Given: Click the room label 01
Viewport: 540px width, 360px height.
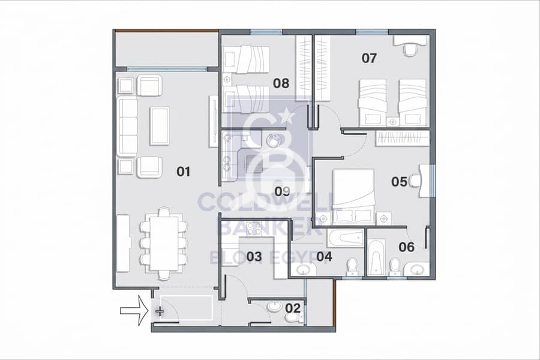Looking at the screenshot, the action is tap(183, 171).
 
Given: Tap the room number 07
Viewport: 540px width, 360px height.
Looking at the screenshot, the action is tap(369, 58).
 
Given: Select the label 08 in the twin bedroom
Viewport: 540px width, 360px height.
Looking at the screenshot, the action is tap(281, 83).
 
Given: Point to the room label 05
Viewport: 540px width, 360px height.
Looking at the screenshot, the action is tap(399, 182).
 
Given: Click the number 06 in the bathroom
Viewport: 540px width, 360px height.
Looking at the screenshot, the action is tap(406, 247).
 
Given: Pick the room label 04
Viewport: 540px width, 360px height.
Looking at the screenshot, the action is tap(324, 257).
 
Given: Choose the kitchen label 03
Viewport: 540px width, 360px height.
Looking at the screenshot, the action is tap(254, 257).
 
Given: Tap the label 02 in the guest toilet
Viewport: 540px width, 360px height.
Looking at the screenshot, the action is tap(293, 308).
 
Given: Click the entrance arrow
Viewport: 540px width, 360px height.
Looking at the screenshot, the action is tap(134, 311).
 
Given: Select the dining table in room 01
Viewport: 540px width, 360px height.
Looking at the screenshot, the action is tap(164, 243).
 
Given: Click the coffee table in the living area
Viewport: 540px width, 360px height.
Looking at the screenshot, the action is tap(159, 126).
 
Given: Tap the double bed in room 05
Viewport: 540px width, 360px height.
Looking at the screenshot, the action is tap(353, 196).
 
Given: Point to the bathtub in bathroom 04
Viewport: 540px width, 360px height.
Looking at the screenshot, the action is tap(346, 238).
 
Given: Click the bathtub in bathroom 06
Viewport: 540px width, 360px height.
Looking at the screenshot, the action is tap(376, 257).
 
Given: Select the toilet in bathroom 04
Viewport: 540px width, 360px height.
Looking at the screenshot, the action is tap(352, 268).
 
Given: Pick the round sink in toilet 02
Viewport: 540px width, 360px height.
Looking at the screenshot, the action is tap(274, 306).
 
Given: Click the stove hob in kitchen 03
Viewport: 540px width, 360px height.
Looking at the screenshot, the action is tap(254, 229).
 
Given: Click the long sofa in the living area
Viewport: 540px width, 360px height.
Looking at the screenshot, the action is tap(127, 127).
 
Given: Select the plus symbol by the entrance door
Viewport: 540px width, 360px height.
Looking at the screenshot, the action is tap(160, 312).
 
